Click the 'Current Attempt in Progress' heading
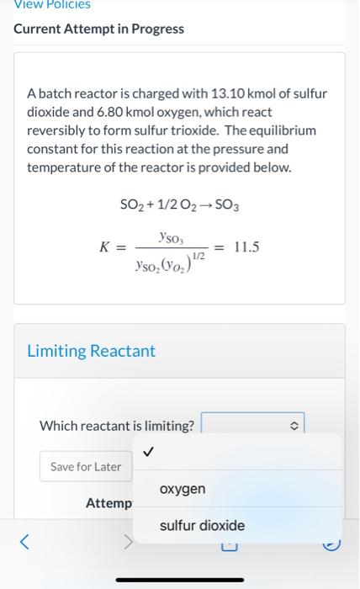(98, 29)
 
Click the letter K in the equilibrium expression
(105, 247)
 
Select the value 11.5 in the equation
(246, 247)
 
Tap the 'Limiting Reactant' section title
(91, 351)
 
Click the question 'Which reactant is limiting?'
(116, 426)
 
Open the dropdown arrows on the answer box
(294, 426)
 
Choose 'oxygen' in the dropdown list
(183, 489)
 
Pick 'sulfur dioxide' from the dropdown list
(202, 526)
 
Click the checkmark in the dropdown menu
(149, 452)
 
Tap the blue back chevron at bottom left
(25, 543)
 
